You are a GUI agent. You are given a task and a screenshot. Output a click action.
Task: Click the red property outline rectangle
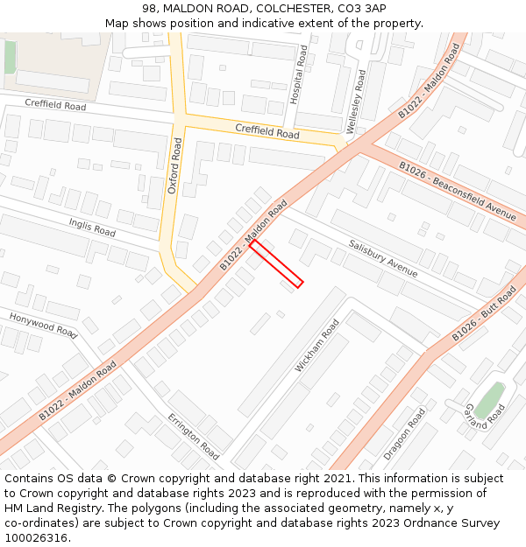click(x=276, y=264)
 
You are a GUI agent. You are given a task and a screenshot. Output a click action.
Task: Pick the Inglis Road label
click(x=93, y=228)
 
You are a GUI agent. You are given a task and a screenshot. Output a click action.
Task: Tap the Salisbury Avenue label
click(x=383, y=257)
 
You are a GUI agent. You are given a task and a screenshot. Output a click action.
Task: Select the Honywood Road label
click(x=44, y=324)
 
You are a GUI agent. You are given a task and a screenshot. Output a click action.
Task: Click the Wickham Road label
click(x=316, y=346)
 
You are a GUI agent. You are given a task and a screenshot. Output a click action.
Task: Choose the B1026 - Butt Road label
click(x=485, y=313)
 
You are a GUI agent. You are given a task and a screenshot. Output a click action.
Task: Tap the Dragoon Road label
click(x=404, y=434)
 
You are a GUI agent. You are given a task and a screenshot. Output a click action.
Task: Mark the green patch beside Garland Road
click(x=489, y=398)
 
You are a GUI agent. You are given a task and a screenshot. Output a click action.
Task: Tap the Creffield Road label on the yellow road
click(x=267, y=131)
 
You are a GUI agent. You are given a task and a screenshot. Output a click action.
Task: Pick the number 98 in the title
click(x=148, y=9)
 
